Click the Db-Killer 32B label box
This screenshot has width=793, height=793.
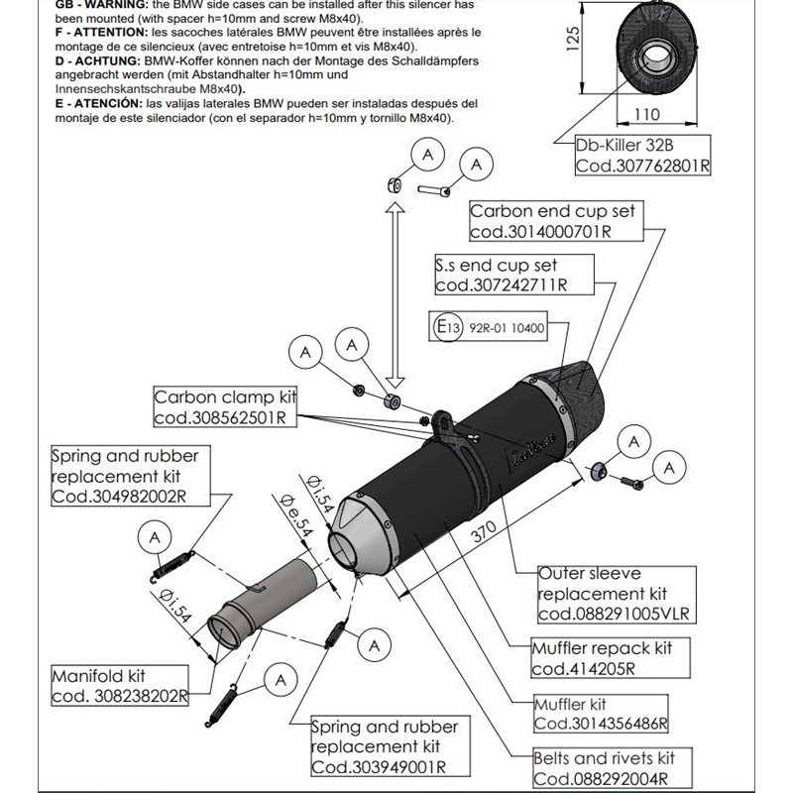tap(642, 155)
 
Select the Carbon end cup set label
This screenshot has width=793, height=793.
tap(552, 221)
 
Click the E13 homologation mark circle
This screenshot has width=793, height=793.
tap(443, 327)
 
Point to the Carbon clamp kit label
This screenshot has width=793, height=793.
tap(225, 407)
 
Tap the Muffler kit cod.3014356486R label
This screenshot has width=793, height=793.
tap(600, 714)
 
